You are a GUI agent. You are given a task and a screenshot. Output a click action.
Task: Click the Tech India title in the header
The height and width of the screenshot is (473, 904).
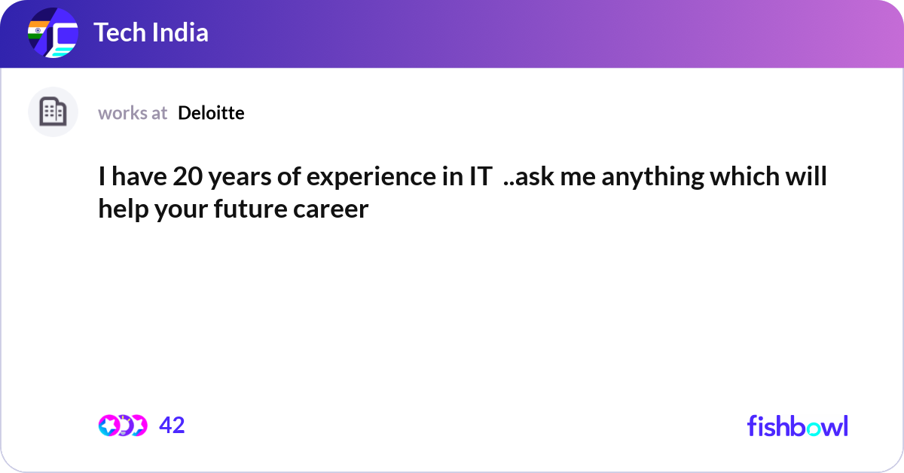coord(151,32)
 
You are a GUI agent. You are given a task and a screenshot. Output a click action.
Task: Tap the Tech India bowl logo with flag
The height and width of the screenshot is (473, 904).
coord(53,34)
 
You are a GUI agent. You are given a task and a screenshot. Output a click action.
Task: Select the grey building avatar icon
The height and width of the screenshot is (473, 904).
coord(53,112)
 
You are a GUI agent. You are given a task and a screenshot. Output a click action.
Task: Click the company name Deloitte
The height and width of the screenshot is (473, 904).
coord(211,113)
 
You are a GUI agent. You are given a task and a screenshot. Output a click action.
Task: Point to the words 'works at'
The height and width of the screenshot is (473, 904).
coord(133,113)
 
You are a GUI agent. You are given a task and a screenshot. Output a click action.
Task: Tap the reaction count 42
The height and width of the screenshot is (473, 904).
coord(172,426)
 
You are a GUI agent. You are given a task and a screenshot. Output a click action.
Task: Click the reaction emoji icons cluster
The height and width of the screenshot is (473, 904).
coord(122,426)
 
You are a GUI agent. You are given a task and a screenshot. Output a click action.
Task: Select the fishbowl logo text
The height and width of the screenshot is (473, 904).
coord(797,426)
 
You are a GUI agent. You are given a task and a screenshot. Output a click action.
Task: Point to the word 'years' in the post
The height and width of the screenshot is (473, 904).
coord(236,178)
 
